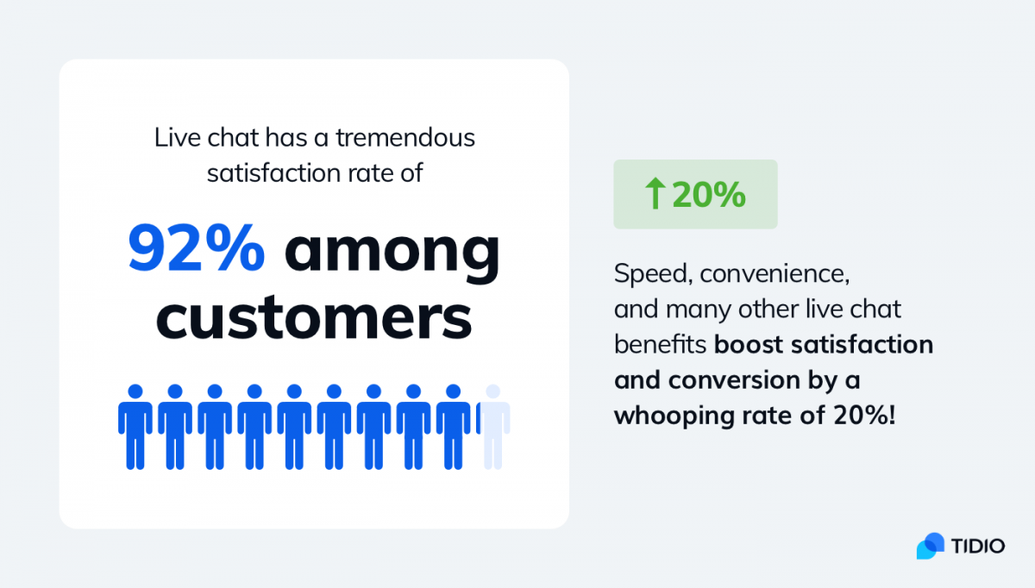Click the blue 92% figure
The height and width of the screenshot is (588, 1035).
197,248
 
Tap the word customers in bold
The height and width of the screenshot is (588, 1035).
314,318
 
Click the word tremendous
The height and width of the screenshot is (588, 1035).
405,138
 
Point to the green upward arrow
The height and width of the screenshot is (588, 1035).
655,193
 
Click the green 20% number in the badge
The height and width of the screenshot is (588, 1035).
709,195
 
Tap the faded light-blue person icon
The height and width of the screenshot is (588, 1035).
493,427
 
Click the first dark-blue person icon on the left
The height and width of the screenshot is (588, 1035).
135,427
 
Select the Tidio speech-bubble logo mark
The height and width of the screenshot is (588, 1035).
931,546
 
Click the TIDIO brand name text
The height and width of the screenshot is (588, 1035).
978,547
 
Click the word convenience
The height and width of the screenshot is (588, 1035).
775,274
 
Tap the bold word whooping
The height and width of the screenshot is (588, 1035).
674,416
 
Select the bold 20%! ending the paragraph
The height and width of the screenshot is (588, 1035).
864,415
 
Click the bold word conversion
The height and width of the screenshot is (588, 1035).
734,380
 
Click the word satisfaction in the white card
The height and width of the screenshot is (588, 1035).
273,173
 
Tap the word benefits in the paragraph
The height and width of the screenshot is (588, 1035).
661,345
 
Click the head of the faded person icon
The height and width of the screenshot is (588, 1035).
493,391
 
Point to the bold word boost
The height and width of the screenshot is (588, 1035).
749,345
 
